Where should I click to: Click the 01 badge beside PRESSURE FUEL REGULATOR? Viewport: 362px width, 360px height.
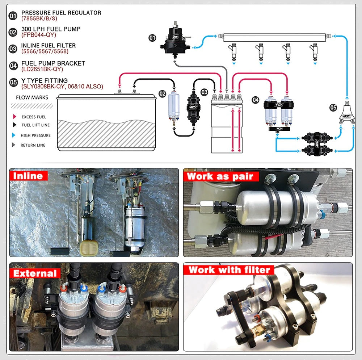(13, 16)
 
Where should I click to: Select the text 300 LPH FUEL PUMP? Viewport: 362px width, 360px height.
(51, 29)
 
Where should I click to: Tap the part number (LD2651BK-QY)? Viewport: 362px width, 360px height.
(42, 69)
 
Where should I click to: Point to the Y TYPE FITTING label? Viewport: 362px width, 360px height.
(45, 81)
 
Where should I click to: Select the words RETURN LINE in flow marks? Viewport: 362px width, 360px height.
(33, 145)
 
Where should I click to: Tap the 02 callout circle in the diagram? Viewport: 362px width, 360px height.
(163, 94)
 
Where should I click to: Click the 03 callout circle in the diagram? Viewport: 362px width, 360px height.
(205, 92)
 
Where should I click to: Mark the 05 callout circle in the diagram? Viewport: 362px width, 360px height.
(333, 107)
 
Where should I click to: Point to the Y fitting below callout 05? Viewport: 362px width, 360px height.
(346, 116)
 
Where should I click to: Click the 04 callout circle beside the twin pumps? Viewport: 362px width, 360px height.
(256, 99)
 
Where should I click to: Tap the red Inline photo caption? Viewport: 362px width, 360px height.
(28, 176)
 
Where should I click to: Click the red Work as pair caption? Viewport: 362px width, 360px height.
(222, 176)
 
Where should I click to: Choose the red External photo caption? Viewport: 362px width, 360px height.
(35, 273)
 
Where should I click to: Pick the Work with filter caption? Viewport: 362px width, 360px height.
(229, 270)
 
